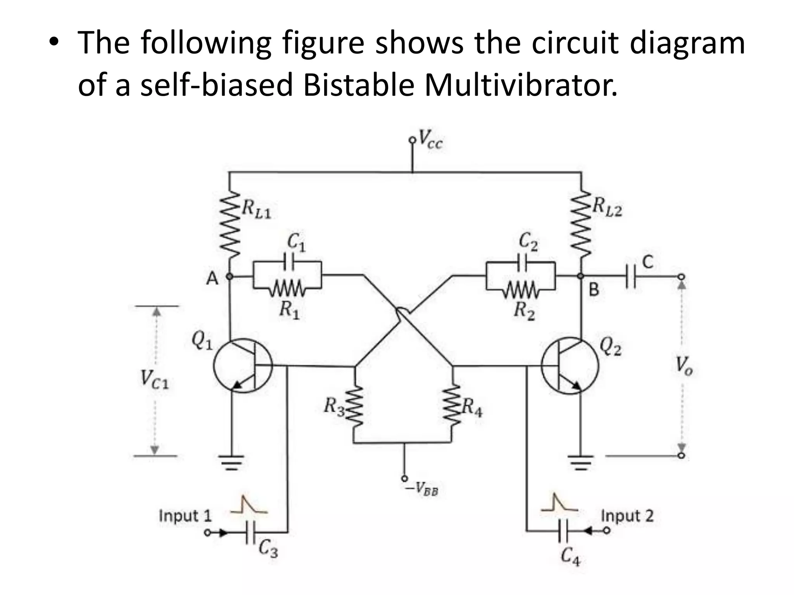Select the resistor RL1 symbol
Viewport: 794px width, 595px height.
230,224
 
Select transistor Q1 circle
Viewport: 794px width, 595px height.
243,366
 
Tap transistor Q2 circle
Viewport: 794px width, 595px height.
570,366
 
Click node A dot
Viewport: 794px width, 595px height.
230,276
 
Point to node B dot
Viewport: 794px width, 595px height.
580,276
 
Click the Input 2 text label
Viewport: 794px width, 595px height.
627,516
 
